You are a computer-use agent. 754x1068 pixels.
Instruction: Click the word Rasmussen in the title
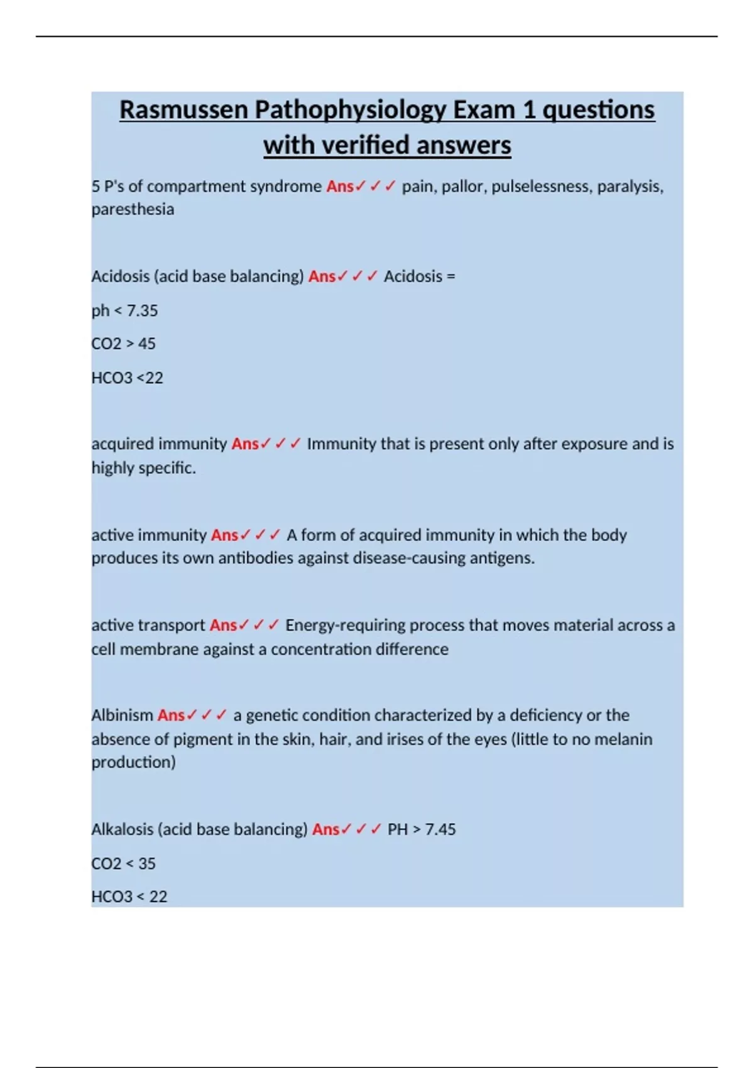(183, 110)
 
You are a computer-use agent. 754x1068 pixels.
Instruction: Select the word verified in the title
(366, 145)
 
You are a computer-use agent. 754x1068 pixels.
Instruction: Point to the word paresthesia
(133, 209)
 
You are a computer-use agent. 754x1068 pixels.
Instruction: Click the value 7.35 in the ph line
(142, 311)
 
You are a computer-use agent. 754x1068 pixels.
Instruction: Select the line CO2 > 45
(123, 344)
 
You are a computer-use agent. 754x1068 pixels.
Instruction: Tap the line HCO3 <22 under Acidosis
(127, 378)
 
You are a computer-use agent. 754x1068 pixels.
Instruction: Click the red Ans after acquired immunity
(245, 444)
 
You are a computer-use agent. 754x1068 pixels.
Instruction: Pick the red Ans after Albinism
(171, 716)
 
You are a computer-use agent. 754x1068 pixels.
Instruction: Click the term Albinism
(122, 716)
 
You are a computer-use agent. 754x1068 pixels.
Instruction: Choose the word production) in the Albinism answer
(133, 762)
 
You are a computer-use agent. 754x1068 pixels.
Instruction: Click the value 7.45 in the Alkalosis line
(440, 829)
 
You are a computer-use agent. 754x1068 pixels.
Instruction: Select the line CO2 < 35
(123, 864)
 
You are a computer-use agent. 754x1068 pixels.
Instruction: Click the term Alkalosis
(122, 829)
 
